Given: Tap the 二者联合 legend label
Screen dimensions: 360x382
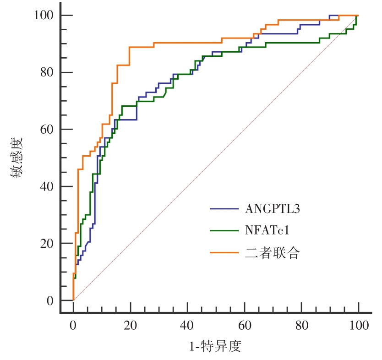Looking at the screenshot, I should click(272, 253).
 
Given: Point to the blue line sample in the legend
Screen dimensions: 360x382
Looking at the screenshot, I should click(224, 209).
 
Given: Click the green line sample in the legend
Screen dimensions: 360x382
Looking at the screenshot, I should click(224, 231).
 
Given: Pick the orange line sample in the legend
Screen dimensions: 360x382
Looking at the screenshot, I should click(224, 253).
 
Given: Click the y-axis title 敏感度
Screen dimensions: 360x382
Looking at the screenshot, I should click(17, 158).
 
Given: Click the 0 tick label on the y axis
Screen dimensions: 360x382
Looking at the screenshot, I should click(49, 301).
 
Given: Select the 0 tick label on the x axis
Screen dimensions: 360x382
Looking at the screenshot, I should click(73, 326).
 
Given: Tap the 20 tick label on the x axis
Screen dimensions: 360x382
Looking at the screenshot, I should click(130, 326).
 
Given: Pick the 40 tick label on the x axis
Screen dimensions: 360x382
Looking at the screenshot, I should click(187, 326).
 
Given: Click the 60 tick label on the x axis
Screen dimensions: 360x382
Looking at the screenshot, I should click(244, 326).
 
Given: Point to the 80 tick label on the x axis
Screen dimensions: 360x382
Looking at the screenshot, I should click(301, 326).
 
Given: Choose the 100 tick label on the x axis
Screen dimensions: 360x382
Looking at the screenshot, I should click(358, 326).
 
